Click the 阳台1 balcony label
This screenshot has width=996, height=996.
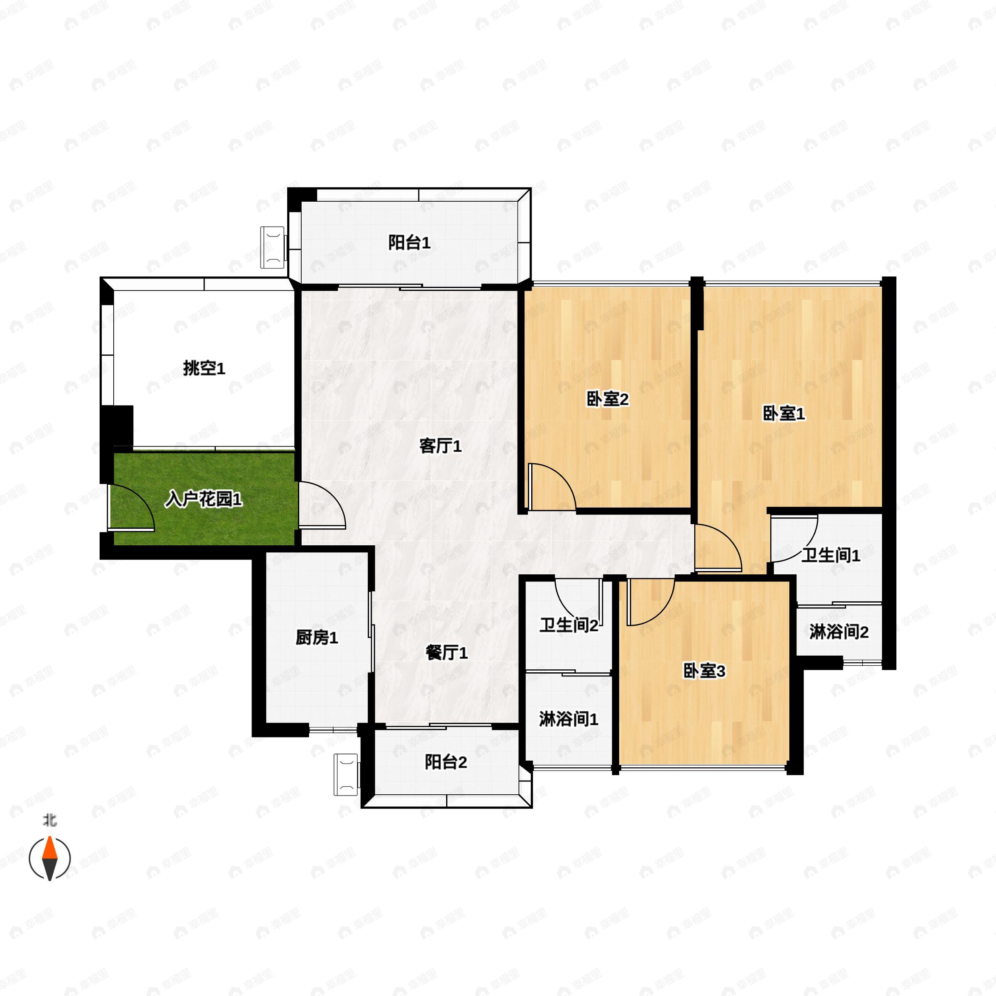[x=409, y=242]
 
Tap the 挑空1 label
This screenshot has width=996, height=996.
[x=204, y=369]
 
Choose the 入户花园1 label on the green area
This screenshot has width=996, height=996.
[x=204, y=499]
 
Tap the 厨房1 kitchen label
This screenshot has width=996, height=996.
[x=317, y=638]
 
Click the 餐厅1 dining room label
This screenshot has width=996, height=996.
[x=447, y=653]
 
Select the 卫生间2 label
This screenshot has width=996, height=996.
[x=569, y=625]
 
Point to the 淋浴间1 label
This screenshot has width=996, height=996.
[x=569, y=719]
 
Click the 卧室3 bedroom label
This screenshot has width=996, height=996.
[x=704, y=671]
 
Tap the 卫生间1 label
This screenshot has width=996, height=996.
[x=830, y=555]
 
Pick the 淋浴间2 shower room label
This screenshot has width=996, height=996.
[x=839, y=632]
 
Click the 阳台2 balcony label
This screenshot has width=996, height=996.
[x=446, y=762]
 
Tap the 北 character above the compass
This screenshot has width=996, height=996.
[x=49, y=820]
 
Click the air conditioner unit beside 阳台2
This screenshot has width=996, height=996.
[x=346, y=774]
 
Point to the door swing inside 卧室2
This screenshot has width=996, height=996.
[x=551, y=487]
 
